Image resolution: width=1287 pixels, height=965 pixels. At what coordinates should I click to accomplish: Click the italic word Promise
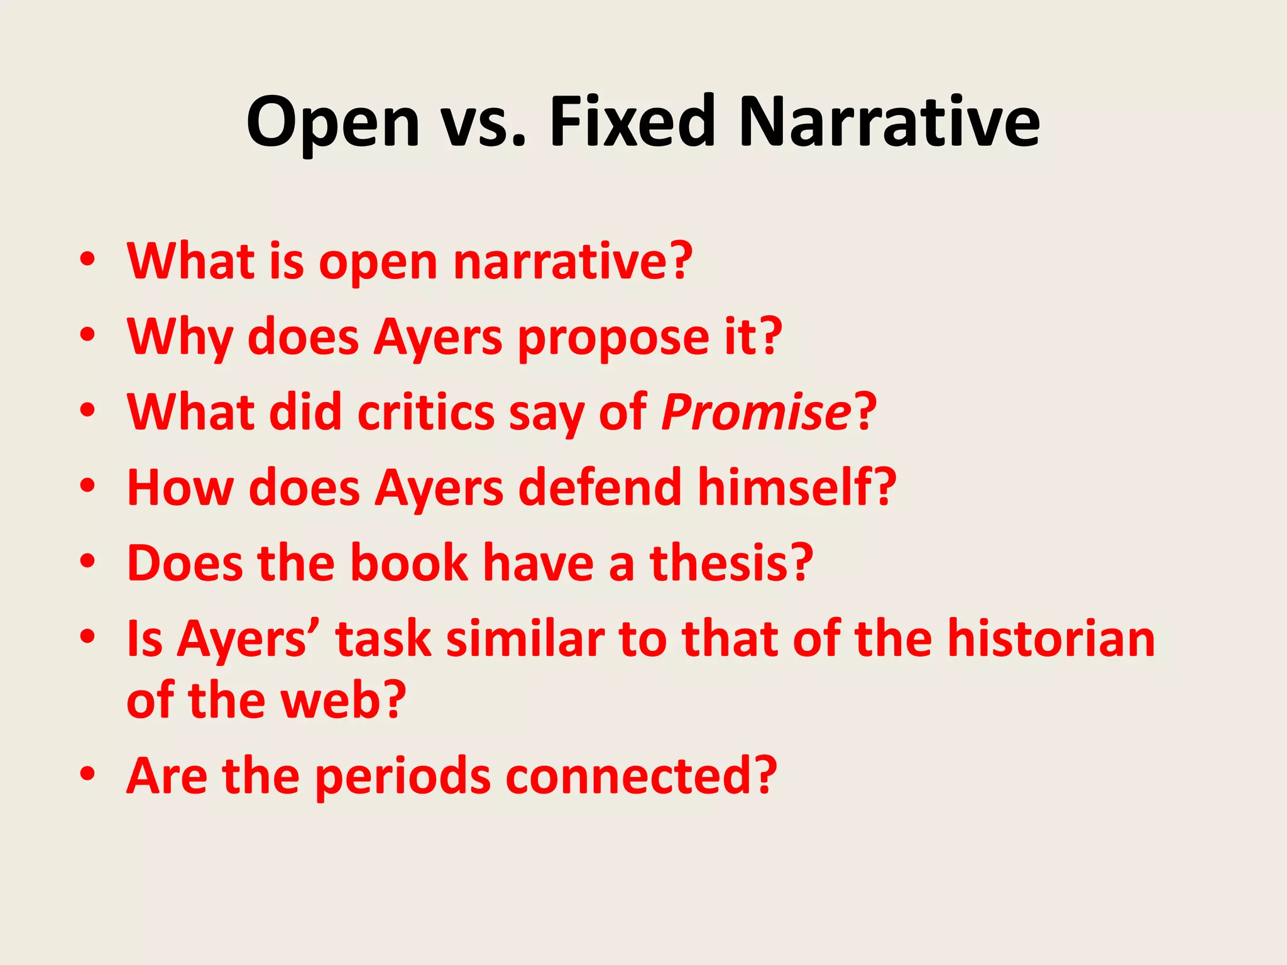click(756, 413)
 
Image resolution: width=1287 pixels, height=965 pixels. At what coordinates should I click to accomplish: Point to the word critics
click(426, 413)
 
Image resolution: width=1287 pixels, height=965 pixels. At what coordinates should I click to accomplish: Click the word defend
click(600, 488)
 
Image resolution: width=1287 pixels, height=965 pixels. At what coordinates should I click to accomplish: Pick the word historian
click(1051, 638)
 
